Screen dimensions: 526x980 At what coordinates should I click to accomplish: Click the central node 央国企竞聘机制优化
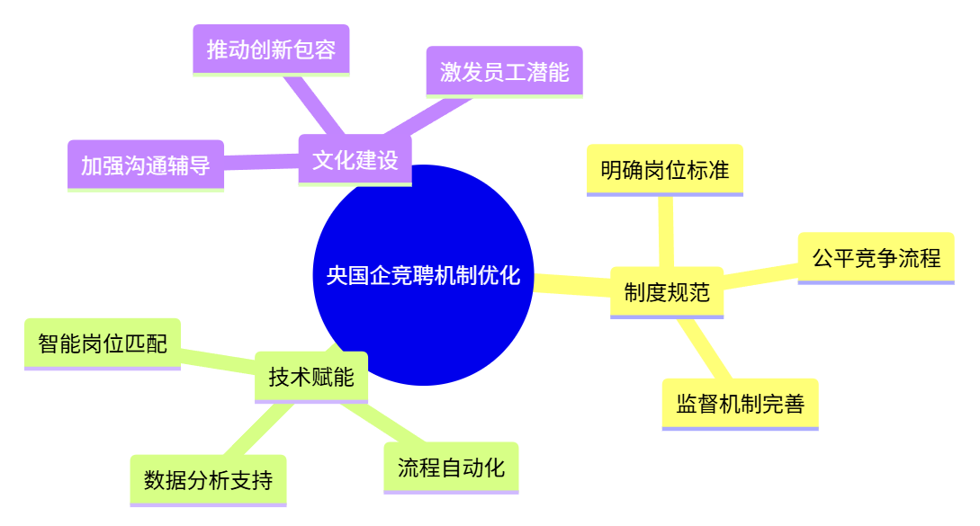423,275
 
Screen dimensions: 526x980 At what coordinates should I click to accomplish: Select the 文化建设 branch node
355,160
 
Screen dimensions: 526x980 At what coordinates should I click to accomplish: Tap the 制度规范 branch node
667,291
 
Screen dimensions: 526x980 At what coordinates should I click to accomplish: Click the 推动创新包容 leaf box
271,49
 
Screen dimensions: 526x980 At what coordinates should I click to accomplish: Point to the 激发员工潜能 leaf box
504,71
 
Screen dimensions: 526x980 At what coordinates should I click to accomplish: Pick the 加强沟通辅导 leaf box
146,165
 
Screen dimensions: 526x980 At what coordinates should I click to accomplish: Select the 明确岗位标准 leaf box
665,169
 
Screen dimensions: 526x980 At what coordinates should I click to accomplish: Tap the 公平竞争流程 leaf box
876,258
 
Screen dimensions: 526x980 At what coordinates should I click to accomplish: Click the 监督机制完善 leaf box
740,404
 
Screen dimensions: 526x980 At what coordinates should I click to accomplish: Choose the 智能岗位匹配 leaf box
103,343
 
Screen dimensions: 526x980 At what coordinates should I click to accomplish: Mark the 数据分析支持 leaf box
208,480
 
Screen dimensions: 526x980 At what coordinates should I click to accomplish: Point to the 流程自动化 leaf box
451,468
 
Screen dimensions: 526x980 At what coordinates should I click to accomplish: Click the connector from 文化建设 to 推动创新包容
314,104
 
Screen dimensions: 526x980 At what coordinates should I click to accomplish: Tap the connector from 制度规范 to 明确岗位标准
666,231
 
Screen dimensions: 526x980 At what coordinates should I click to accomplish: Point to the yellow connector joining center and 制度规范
571,285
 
